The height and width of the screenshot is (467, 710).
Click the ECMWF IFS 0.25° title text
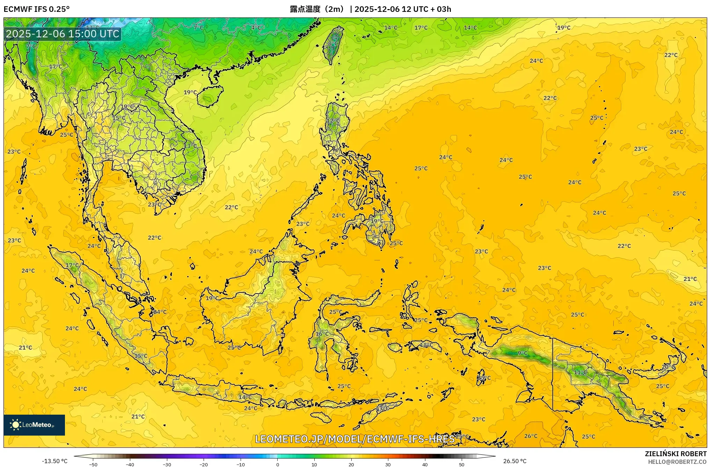click(36, 9)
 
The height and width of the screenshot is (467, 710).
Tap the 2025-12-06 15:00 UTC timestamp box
click(63, 34)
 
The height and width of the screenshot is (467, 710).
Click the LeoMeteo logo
click(34, 425)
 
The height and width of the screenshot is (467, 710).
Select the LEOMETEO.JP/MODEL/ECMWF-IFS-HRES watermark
click(354, 439)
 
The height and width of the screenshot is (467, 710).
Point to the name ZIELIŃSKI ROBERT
click(675, 454)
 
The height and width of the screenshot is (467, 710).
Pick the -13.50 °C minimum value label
click(54, 461)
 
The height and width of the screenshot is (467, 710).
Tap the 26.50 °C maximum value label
click(514, 461)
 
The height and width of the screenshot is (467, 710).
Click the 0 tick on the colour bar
click(278, 465)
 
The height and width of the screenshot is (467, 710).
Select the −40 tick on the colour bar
click(130, 465)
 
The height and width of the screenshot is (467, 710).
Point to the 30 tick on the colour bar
click(388, 465)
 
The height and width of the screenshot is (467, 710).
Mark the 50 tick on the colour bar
click(462, 465)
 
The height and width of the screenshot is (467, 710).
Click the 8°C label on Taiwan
click(332, 44)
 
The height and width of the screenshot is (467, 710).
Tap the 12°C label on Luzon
click(333, 121)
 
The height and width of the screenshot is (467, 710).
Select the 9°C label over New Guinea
click(522, 353)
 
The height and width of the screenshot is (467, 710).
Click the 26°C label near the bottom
click(531, 436)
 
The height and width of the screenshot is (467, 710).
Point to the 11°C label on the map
click(580, 372)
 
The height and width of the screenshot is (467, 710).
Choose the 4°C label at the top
click(256, 27)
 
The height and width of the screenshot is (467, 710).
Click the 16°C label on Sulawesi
click(322, 334)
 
